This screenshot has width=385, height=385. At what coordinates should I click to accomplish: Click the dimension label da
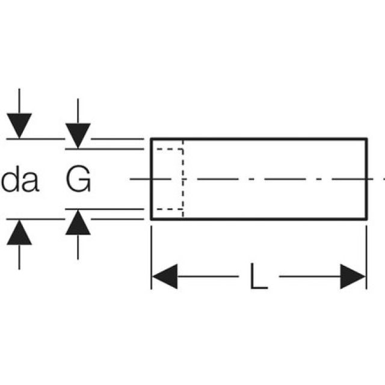(20, 180)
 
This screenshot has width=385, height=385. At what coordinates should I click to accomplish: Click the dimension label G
(78, 180)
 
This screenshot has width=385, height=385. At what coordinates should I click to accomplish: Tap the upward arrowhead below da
(20, 231)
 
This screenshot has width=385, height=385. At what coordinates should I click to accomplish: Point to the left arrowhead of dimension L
(164, 277)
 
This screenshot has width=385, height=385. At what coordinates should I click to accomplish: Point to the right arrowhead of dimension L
(353, 277)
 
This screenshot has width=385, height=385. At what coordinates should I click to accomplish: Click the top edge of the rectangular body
(259, 138)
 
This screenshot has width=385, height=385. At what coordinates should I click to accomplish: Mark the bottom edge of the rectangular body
(259, 219)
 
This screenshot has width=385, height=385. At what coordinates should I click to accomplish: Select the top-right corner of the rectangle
(366, 138)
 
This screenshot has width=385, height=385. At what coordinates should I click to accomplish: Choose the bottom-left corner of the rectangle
(151, 219)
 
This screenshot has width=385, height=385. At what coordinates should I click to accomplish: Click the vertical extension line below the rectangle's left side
(151, 253)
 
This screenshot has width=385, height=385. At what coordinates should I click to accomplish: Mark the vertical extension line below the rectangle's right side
(366, 253)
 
